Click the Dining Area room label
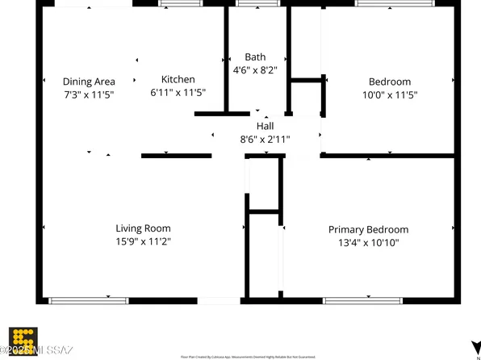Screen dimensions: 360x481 click(89, 82)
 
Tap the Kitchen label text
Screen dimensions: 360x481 click(178, 79)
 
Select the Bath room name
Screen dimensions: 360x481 click(255, 57)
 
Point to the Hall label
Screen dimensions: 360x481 click(266, 126)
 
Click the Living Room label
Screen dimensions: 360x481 click(143, 228)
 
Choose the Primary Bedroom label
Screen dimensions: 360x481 click(368, 229)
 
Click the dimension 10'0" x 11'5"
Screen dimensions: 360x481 click(390, 94)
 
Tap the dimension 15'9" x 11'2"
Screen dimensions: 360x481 click(143, 241)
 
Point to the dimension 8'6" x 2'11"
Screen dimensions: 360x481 click(266, 139)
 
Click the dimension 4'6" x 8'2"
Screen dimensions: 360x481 click(255, 70)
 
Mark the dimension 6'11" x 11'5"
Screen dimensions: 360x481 click(178, 92)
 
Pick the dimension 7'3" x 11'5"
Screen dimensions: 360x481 click(89, 94)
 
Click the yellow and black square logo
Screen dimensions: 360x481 click(23, 339)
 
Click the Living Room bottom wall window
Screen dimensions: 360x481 click(89, 301)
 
